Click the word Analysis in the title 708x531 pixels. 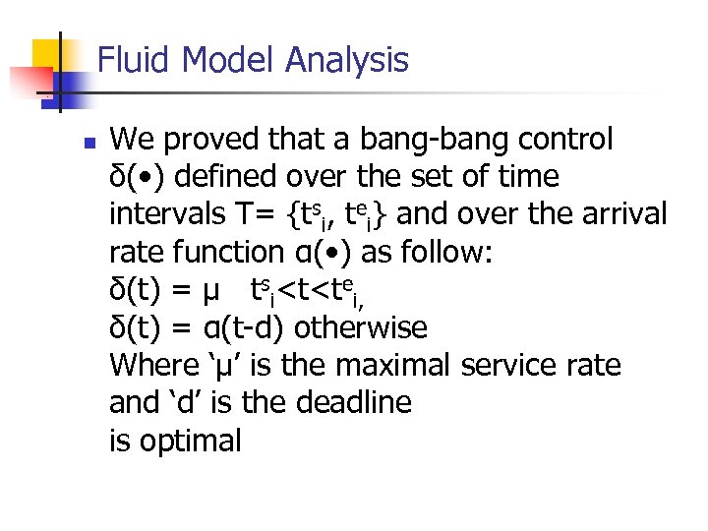click(346, 61)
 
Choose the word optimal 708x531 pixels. click(190, 442)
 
